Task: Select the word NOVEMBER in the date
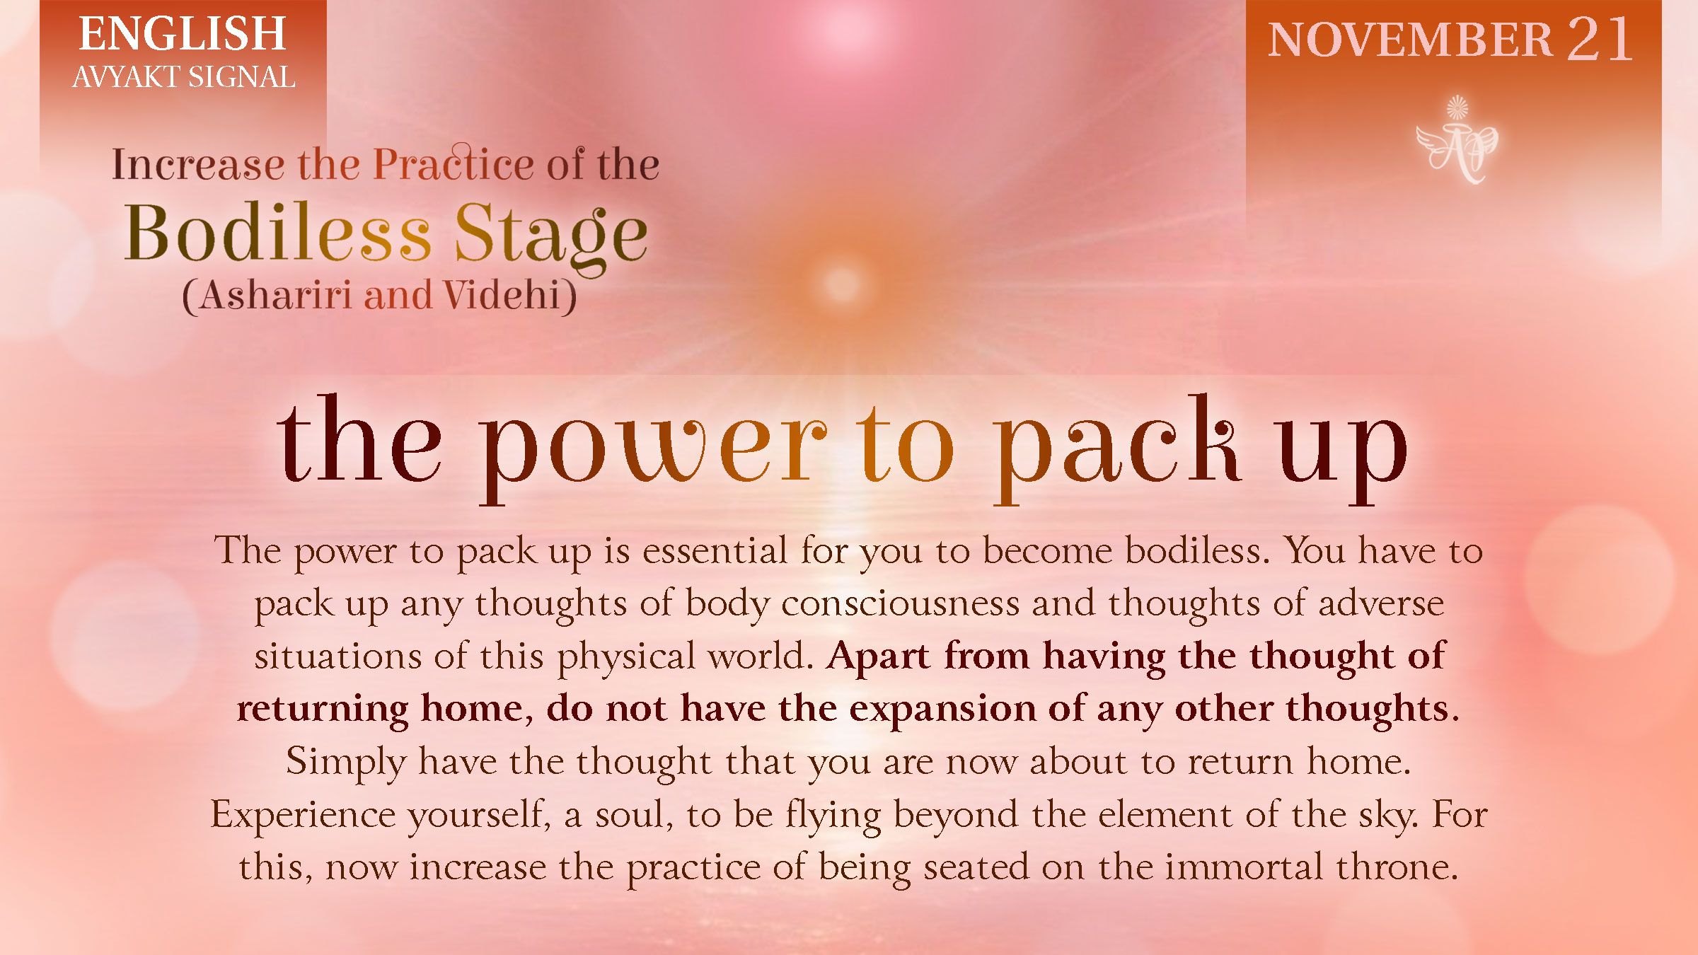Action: coord(1409,40)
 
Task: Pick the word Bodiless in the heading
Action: coord(277,233)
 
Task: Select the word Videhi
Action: coord(502,295)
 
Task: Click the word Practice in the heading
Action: coord(453,164)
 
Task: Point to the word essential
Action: coord(714,550)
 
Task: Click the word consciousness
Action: coord(900,603)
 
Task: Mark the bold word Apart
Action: coord(877,656)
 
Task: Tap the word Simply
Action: coord(346,763)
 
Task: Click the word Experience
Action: coord(303,815)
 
